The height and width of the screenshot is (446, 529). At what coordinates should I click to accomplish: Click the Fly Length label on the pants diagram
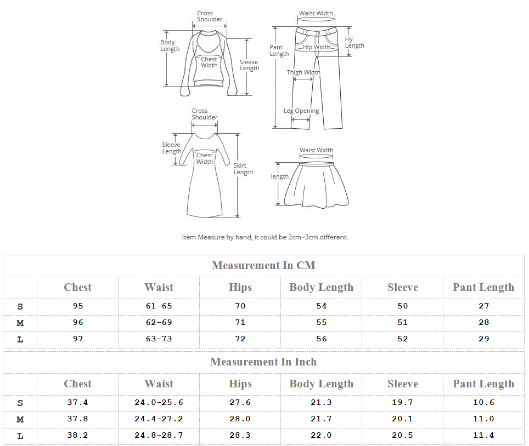tap(354, 42)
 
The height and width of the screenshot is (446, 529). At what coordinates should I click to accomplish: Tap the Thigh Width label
tap(303, 72)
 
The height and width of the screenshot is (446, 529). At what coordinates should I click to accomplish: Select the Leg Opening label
tap(301, 111)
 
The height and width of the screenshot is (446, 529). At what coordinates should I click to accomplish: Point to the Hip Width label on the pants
tap(316, 47)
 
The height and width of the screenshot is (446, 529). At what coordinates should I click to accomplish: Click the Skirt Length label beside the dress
tap(243, 169)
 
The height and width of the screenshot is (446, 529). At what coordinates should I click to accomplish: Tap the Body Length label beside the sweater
tap(170, 45)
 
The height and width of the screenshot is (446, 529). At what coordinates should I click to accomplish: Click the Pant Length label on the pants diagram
tap(279, 50)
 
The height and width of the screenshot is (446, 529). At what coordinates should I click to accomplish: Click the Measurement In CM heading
tap(263, 265)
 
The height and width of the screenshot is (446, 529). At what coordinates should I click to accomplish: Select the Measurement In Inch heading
tap(263, 362)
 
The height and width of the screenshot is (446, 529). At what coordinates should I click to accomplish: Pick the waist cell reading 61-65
tap(159, 306)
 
